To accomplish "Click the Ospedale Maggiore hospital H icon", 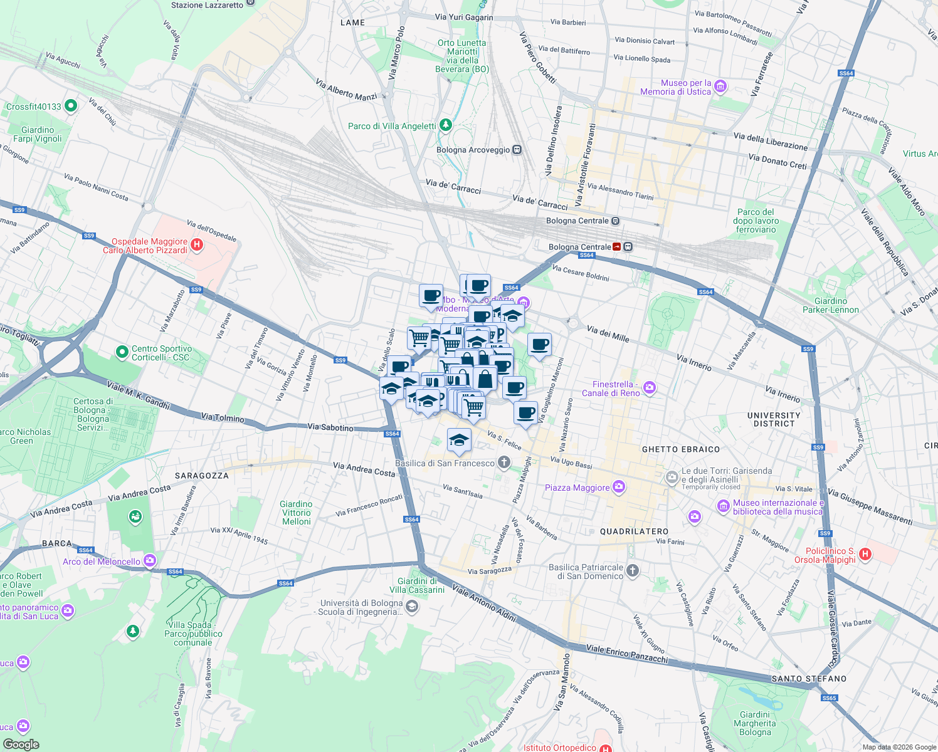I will click(x=197, y=245).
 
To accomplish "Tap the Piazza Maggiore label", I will click(x=577, y=488).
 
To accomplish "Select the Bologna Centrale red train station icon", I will click(x=618, y=247).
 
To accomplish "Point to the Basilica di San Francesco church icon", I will click(x=503, y=463).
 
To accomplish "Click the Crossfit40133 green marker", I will click(x=71, y=106).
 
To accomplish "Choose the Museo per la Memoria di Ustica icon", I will click(x=720, y=86).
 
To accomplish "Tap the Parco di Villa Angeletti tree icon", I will click(x=445, y=125).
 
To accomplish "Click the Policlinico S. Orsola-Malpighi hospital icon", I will click(x=865, y=554).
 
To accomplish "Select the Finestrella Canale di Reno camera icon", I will click(x=650, y=388).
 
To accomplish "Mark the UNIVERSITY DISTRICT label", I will click(x=774, y=419).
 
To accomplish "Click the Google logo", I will click(x=21, y=744).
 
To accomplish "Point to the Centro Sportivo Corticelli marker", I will click(x=122, y=353).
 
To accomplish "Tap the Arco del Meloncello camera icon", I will click(x=149, y=561).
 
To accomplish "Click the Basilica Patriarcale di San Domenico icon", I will click(x=633, y=570).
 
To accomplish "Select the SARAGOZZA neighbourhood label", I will click(x=201, y=476).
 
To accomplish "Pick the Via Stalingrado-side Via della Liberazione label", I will click(x=770, y=141).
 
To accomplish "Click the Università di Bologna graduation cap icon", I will click(x=411, y=606).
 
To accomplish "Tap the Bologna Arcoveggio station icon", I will click(x=517, y=150).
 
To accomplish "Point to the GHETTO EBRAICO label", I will click(x=681, y=449).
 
